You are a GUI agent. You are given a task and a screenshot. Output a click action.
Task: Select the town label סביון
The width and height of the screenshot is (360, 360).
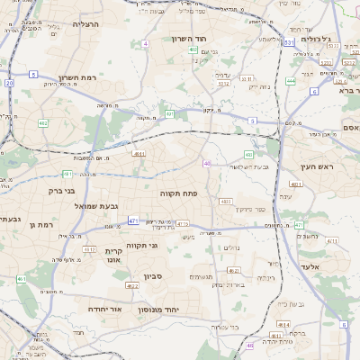(151, 276)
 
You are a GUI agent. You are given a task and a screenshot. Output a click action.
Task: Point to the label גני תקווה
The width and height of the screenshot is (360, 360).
(140, 245)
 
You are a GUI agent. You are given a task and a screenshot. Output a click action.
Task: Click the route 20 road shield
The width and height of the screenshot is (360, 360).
(9, 83)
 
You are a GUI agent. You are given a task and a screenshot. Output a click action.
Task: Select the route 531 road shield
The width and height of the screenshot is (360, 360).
(288, 42)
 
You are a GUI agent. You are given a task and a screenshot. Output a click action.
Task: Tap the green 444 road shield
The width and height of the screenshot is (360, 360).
(291, 81)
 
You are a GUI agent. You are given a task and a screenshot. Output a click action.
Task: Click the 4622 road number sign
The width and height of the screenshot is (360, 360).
(132, 286)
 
